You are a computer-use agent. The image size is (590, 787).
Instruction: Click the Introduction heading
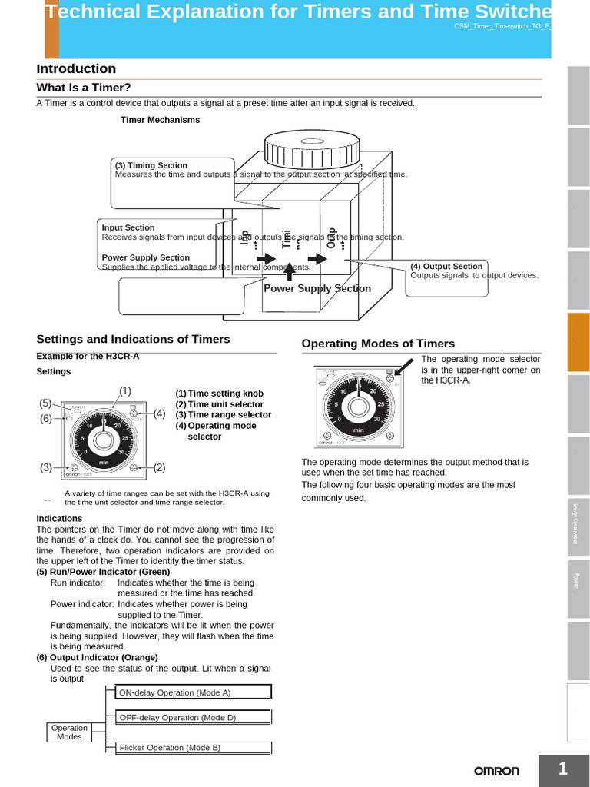pyautogui.click(x=76, y=68)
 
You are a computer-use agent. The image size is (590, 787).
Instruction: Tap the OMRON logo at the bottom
pyautogui.click(x=496, y=771)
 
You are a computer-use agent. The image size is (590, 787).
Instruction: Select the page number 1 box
pyautogui.click(x=563, y=769)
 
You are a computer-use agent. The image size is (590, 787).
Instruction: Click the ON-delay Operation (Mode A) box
pyautogui.click(x=193, y=692)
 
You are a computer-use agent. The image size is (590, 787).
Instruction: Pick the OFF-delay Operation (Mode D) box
pyautogui.click(x=193, y=718)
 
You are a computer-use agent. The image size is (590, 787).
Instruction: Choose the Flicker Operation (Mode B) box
pyautogui.click(x=193, y=747)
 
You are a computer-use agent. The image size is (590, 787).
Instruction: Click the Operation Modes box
pyautogui.click(x=69, y=732)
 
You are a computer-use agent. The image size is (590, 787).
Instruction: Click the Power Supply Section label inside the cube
pyautogui.click(x=317, y=288)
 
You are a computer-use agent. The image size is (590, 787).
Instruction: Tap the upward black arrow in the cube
pyautogui.click(x=290, y=271)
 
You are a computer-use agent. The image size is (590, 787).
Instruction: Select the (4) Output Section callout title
pyautogui.click(x=446, y=266)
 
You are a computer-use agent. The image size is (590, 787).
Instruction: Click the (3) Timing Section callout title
pyautogui.click(x=151, y=165)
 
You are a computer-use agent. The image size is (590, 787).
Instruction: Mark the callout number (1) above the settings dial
pyautogui.click(x=125, y=390)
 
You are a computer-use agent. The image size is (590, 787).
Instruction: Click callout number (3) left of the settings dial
pyautogui.click(x=46, y=467)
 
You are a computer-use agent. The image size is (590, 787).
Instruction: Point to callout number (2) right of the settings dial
pyautogui.click(x=160, y=467)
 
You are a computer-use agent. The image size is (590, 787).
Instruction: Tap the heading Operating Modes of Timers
pyautogui.click(x=378, y=344)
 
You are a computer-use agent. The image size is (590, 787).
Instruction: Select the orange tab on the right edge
pyautogui.click(x=578, y=342)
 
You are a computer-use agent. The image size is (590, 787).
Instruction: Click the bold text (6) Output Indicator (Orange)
pyautogui.click(x=97, y=657)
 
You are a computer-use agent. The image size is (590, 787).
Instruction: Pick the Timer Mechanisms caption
pyautogui.click(x=160, y=120)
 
